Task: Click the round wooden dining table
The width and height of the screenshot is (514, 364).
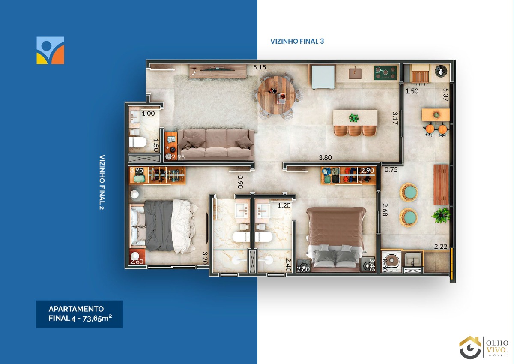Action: (x=276, y=95)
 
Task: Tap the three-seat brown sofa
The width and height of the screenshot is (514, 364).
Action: (x=216, y=143)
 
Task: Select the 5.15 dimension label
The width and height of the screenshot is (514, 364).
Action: (x=260, y=67)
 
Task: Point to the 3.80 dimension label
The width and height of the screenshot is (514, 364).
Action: (x=325, y=157)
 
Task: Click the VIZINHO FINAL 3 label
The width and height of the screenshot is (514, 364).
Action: (x=297, y=41)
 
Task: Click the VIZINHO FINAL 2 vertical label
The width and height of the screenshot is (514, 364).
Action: (x=102, y=182)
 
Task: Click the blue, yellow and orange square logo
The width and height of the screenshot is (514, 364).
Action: (x=50, y=50)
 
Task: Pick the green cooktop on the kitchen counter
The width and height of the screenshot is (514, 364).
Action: (x=385, y=73)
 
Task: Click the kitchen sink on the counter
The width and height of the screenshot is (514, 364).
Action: (x=355, y=74)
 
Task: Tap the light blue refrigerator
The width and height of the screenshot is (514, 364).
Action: (x=323, y=77)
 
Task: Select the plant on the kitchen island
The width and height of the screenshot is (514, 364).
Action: (x=354, y=118)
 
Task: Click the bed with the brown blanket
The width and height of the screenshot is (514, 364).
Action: (x=336, y=239)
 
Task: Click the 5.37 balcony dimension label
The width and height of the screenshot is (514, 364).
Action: (x=445, y=95)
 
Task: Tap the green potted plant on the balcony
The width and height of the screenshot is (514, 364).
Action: (x=441, y=215)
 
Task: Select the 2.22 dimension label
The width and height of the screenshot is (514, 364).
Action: (x=441, y=247)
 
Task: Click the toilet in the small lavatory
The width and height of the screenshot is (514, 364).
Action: (x=137, y=142)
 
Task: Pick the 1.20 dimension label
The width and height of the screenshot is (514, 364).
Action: (x=284, y=205)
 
